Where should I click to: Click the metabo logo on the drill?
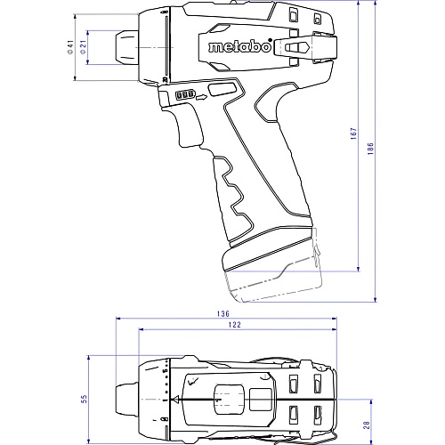[x=240, y=46]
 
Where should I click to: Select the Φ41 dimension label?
[x=70, y=47]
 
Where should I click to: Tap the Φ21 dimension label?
[x=84, y=47]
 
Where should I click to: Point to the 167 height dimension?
[x=353, y=133]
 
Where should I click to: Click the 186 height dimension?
[x=370, y=149]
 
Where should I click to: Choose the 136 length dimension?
[x=223, y=313]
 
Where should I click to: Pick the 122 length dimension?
[x=234, y=325]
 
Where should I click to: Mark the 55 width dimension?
[x=84, y=399]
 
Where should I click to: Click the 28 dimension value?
[x=367, y=425]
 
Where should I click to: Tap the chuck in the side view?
[x=126, y=47]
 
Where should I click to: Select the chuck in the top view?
[x=126, y=400]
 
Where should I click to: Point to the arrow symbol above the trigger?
[x=201, y=97]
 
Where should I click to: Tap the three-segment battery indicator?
[x=185, y=94]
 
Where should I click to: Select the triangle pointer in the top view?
[x=176, y=400]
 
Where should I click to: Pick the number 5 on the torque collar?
[x=166, y=371]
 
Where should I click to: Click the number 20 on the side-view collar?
[x=165, y=79]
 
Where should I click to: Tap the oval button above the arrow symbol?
[x=222, y=90]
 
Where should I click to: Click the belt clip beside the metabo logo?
[x=305, y=47]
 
